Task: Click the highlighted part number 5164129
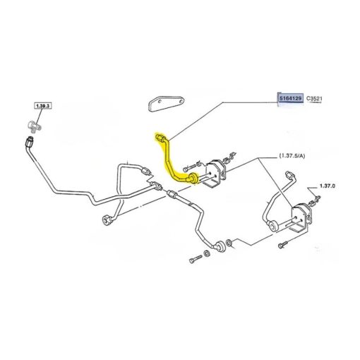coord(290,98)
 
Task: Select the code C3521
coord(314,99)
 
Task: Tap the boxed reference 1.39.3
coord(43,106)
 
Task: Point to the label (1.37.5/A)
coord(292,155)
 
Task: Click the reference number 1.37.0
coord(327,186)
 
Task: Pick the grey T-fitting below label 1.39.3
coord(34,126)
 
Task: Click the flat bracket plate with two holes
coord(166,104)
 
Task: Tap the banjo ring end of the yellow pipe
coord(193,178)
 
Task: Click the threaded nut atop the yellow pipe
coord(160,138)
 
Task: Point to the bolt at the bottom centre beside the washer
coord(195,259)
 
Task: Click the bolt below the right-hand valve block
coord(282,245)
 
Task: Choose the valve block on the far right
coord(301,217)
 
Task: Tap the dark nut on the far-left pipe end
coord(29,142)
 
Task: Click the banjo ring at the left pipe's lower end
coord(107,220)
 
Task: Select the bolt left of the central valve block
coord(188,168)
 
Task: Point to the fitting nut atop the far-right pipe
coord(290,175)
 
